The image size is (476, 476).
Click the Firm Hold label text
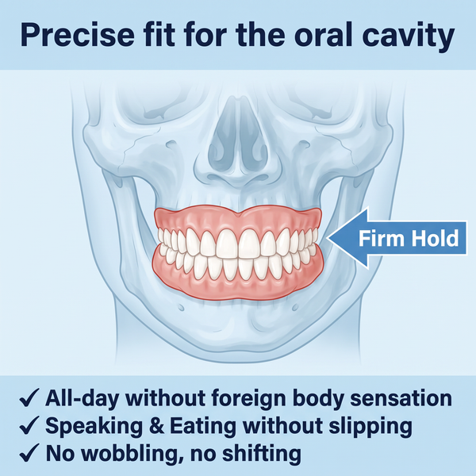click(409, 238)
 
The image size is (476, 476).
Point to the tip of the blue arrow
click(327, 238)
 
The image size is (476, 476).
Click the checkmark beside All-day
click(29, 397)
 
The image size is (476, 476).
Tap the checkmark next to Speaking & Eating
click(29, 425)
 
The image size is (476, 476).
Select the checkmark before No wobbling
click(29, 453)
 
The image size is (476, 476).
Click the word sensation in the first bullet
click(401, 398)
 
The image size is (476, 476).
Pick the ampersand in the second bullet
click(157, 425)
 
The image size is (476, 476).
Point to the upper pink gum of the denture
click(238, 218)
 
